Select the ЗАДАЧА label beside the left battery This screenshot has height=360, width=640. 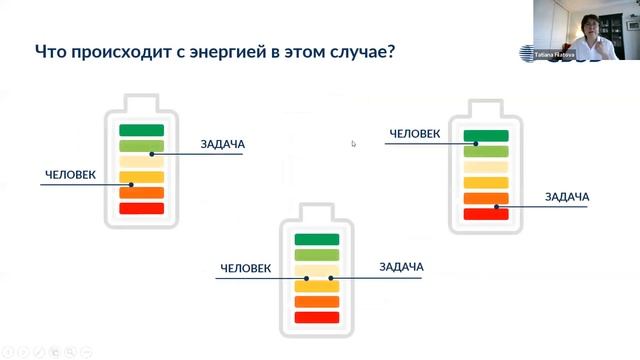[222, 145]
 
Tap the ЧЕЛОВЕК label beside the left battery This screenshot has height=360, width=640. [70, 175]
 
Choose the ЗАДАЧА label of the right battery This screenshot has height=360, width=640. [566, 197]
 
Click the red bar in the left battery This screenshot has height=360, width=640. [141, 208]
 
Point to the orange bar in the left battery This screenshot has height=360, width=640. [141, 193]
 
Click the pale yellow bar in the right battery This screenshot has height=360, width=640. [486, 167]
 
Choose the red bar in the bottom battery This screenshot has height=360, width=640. [315, 317]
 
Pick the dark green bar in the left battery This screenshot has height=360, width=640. [141, 130]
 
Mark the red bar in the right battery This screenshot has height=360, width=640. [486, 214]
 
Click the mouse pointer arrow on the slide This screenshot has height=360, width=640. [353, 143]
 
